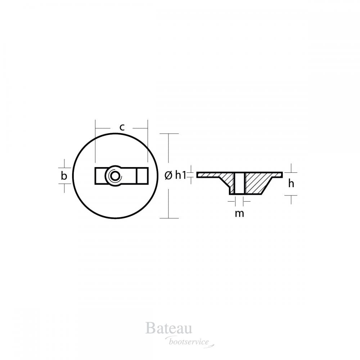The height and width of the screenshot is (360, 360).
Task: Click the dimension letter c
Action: pos(122,127)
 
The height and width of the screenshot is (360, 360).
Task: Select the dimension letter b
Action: pos(64,176)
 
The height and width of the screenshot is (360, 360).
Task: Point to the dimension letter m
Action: pos(239,213)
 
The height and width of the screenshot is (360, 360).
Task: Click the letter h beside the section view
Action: pos(291,184)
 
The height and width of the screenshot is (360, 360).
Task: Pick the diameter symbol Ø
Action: pos(168,176)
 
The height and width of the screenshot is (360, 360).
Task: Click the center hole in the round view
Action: pos(114,176)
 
